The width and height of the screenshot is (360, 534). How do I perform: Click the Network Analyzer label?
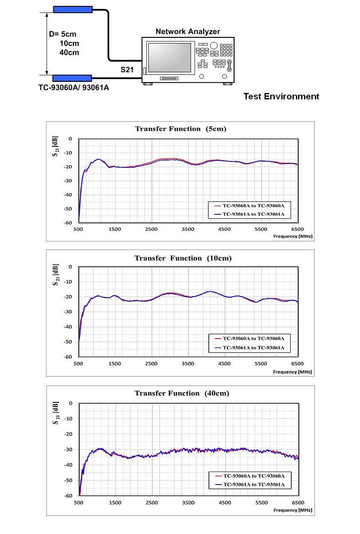coord(188,31)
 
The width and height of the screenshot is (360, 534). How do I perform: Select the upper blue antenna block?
coord(73,9)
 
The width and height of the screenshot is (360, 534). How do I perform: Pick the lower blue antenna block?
coord(72,78)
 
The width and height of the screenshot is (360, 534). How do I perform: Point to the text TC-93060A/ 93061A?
coord(74,88)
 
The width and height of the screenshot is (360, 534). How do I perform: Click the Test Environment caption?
coord(281,96)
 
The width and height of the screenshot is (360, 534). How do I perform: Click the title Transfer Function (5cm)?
coord(180,129)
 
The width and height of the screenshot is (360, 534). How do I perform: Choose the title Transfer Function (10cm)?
coord(183,258)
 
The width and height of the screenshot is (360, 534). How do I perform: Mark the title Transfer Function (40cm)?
coord(182,393)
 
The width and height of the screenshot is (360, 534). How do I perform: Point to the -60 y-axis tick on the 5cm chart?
coord(68,223)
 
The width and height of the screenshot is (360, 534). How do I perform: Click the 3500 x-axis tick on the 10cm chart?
coord(188,364)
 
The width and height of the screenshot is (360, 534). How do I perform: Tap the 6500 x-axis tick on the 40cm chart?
coord(298,503)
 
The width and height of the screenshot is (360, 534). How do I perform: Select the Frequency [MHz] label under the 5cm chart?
coord(292,236)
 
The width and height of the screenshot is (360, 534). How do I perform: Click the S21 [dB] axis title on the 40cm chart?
coord(55,413)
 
